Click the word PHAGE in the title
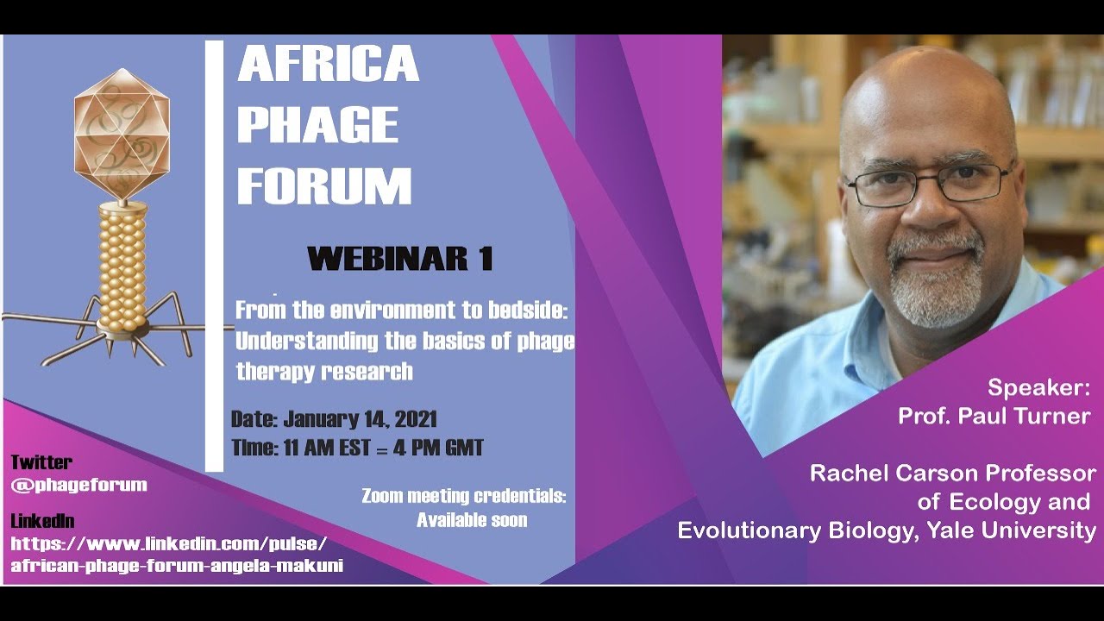317,125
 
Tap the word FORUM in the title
324,185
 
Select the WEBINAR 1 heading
399,258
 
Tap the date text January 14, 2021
360,420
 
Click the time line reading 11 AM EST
357,448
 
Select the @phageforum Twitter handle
78,485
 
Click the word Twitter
41,462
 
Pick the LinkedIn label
42,521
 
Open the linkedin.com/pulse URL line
169,543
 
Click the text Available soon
472,520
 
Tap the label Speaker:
1038,386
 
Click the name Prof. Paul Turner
994,416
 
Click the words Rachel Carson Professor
952,473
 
